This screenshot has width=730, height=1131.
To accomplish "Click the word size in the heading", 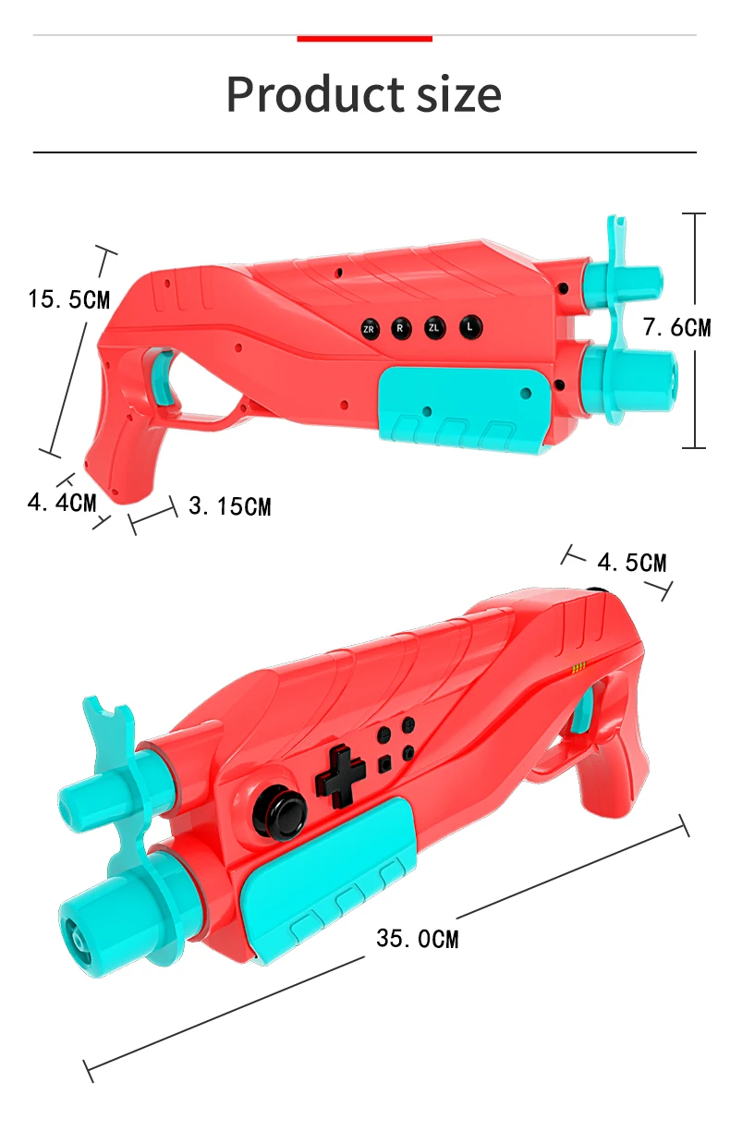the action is pyautogui.click(x=459, y=94).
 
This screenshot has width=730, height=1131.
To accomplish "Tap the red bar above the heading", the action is pyautogui.click(x=364, y=39).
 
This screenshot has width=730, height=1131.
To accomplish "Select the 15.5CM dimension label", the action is pyautogui.click(x=69, y=298).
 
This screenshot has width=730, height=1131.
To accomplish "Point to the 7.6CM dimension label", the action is pyautogui.click(x=676, y=327).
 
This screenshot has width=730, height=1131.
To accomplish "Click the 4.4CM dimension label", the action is pyautogui.click(x=62, y=503).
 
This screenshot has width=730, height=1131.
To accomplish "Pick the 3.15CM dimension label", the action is pyautogui.click(x=230, y=506).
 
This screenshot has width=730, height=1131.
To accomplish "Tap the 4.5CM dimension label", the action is pyautogui.click(x=631, y=563).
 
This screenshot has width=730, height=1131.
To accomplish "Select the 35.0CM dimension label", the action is pyautogui.click(x=418, y=939).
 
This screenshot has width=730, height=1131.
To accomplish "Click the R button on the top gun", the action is pyautogui.click(x=401, y=328).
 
